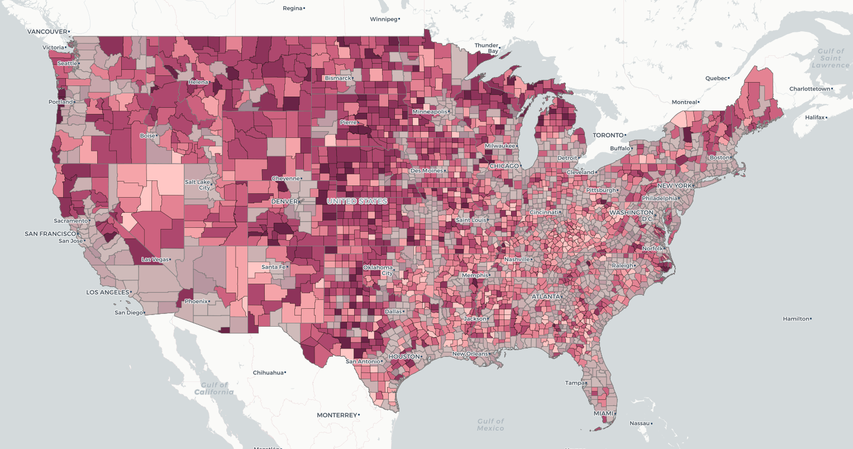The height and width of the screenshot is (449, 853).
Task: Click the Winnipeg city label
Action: tap(383, 19)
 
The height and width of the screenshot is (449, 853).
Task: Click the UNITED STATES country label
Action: tap(357, 201)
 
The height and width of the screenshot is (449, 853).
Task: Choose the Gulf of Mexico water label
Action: tap(491, 424)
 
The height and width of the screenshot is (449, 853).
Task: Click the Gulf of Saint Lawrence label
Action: tap(830, 58)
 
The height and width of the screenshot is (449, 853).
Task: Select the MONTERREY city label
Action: tap(336, 415)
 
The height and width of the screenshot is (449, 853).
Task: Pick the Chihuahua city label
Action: tap(268, 372)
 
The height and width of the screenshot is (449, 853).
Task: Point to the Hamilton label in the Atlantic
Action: tap(795, 319)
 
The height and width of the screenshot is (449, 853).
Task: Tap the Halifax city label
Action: tap(815, 117)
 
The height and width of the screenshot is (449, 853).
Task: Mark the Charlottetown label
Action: tap(809, 89)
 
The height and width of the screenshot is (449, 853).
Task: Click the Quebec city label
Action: tap(717, 78)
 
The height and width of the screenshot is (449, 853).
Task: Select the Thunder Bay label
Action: tap(486, 48)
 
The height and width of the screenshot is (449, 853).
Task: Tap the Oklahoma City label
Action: tap(378, 270)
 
